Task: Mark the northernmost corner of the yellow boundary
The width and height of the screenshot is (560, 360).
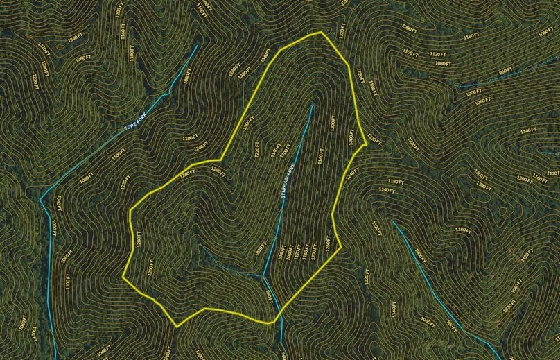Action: click(321, 32)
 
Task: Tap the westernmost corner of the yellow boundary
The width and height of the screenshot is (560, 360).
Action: click(123, 276)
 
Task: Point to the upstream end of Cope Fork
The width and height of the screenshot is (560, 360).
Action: click(198, 46)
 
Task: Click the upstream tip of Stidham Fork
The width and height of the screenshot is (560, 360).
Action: click(312, 105)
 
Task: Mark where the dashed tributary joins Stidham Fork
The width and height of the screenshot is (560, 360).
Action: click(263, 275)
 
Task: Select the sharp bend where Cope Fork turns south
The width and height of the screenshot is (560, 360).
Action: click(41, 198)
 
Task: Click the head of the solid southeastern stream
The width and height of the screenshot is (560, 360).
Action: click(394, 222)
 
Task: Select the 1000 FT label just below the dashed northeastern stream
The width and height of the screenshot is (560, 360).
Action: click(474, 93)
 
